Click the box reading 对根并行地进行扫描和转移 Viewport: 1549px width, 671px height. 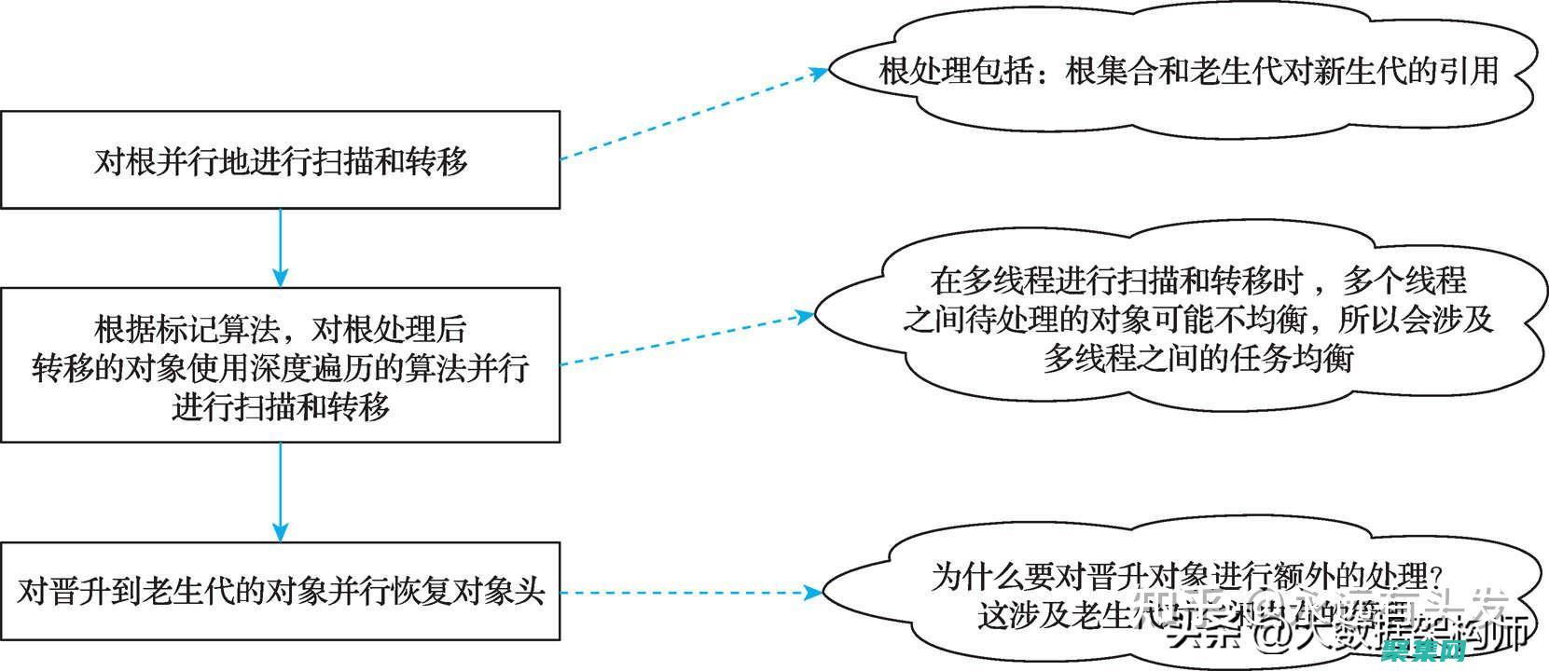coord(280,160)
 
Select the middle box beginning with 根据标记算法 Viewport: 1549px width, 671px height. coord(280,365)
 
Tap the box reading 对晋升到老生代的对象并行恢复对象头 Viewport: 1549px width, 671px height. coord(280,591)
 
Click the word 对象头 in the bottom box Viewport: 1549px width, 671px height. coord(514,591)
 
